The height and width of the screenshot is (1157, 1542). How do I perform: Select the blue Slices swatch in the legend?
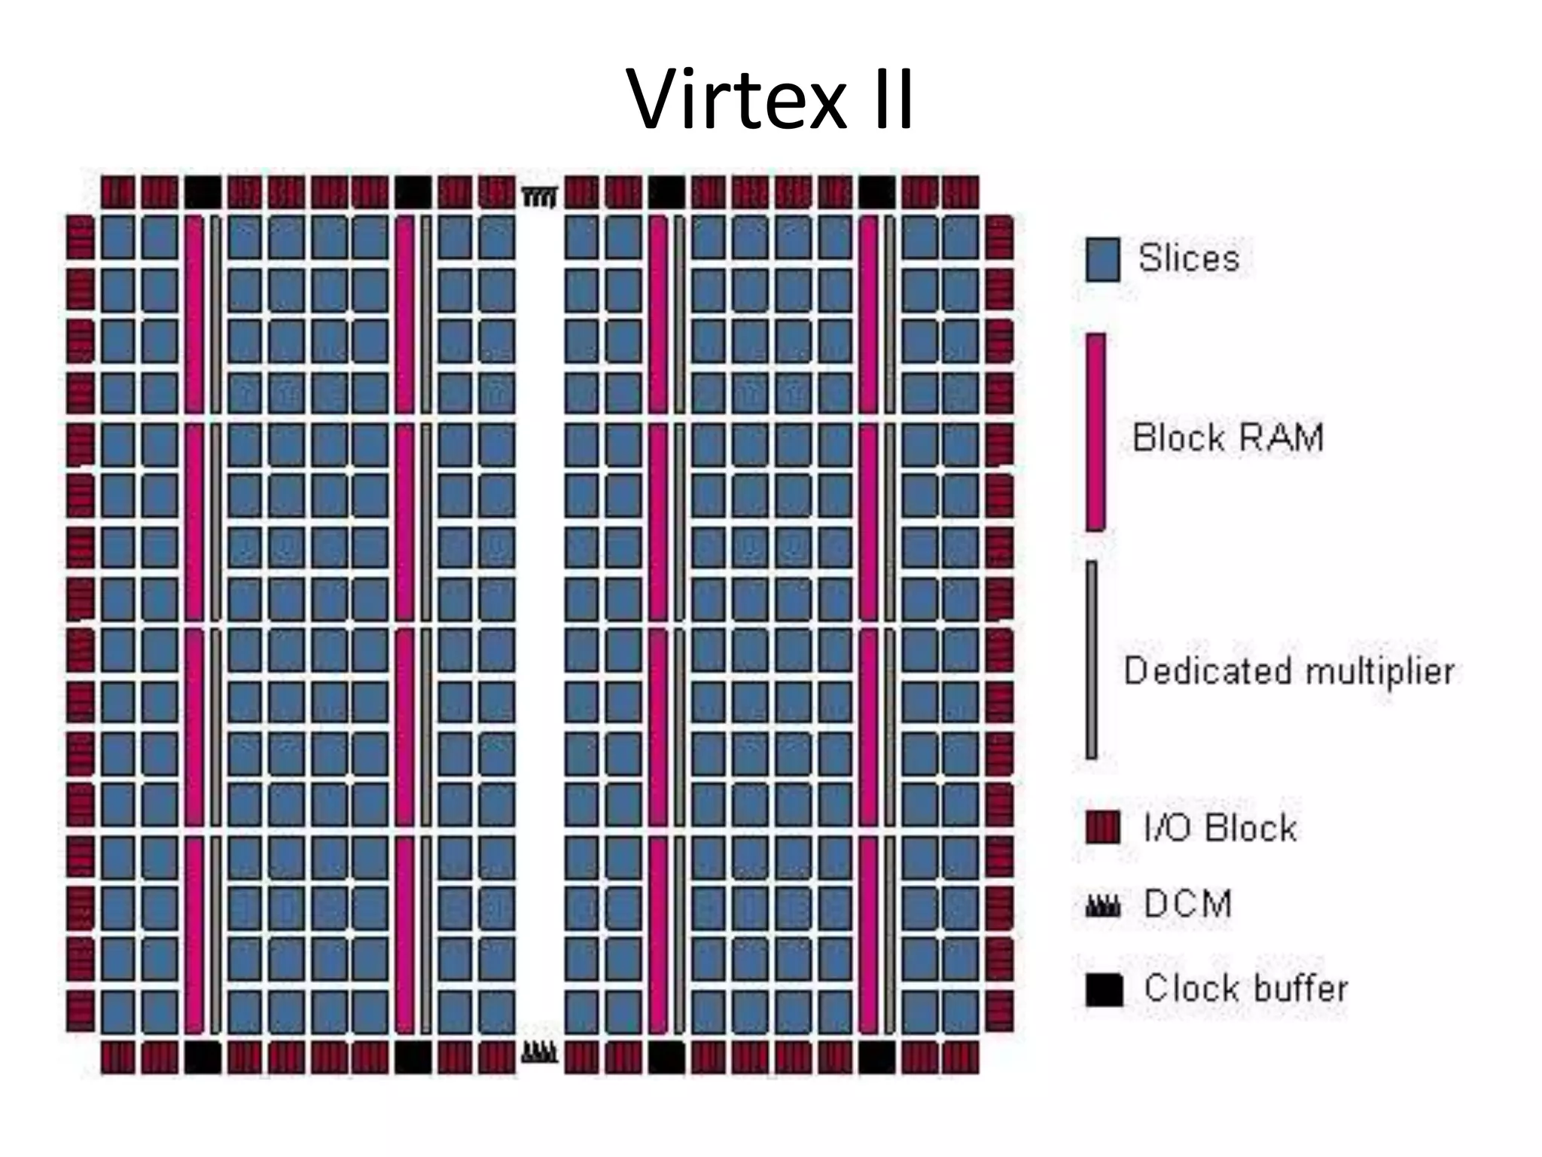[x=1102, y=260]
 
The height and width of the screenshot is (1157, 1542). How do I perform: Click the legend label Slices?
[x=1188, y=258]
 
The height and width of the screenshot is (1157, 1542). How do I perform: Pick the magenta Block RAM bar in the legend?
[x=1096, y=432]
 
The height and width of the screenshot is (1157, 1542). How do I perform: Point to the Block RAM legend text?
[x=1227, y=438]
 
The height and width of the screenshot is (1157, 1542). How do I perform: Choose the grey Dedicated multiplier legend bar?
[x=1092, y=660]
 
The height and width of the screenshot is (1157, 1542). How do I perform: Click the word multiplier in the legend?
[x=1379, y=671]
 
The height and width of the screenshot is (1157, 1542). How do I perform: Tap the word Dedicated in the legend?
[x=1207, y=670]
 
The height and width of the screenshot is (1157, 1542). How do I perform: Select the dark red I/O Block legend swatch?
[x=1103, y=827]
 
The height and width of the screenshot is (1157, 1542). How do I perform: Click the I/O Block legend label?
[x=1220, y=829]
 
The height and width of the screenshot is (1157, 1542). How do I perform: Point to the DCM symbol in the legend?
[x=1103, y=906]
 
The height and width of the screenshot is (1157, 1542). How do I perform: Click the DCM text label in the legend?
[x=1187, y=903]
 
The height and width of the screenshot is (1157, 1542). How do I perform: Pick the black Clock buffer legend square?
[x=1104, y=989]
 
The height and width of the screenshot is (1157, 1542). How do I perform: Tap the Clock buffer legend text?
[x=1245, y=988]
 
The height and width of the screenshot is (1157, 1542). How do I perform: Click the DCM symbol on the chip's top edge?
[x=540, y=197]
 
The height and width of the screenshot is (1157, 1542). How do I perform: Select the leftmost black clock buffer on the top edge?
[x=203, y=192]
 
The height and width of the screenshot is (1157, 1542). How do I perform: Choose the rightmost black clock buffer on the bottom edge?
[x=877, y=1057]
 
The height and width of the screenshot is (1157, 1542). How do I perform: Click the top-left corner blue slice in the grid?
[x=117, y=237]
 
